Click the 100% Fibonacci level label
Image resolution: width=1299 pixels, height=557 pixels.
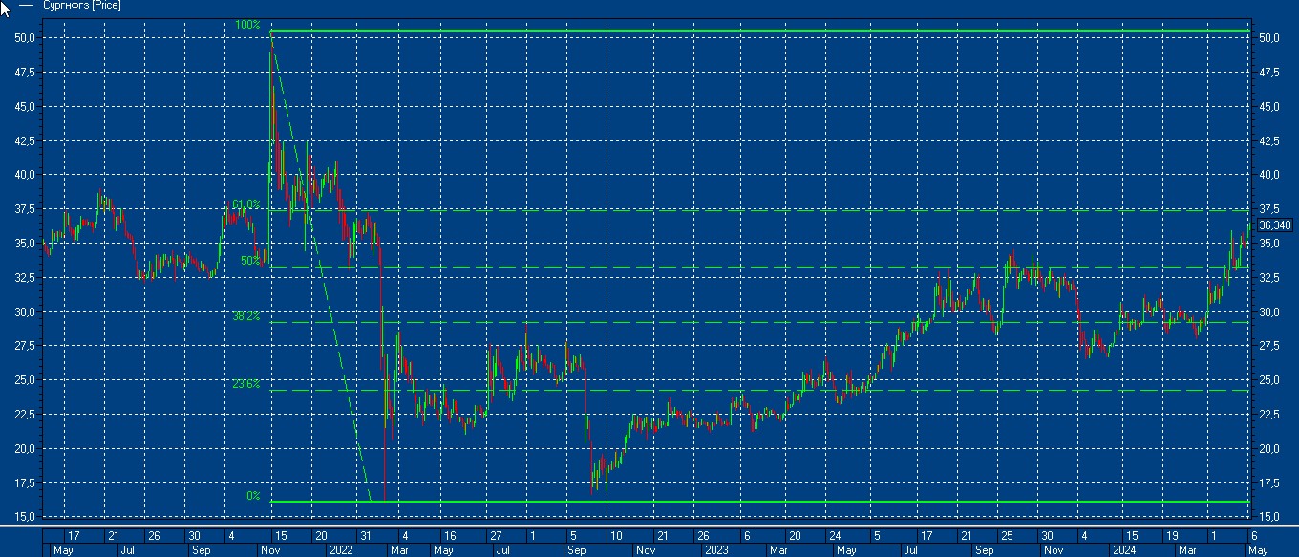pyautogui.click(x=247, y=25)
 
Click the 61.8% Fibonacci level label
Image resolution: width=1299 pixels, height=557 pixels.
pyautogui.click(x=245, y=204)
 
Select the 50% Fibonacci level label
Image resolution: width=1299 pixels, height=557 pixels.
pyautogui.click(x=250, y=260)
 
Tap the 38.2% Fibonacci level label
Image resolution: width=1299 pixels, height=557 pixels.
pyautogui.click(x=245, y=315)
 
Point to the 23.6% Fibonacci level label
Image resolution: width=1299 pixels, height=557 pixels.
pyautogui.click(x=245, y=384)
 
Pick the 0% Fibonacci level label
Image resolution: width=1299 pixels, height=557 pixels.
pyautogui.click(x=253, y=495)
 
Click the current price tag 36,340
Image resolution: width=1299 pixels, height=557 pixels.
pyautogui.click(x=1275, y=225)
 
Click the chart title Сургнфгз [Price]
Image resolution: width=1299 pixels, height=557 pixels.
pyautogui.click(x=82, y=6)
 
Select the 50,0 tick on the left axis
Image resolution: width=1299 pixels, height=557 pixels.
pyautogui.click(x=26, y=38)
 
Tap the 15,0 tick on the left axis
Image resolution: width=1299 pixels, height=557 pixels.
pyautogui.click(x=26, y=517)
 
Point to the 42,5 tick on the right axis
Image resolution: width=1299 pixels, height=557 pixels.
pyautogui.click(x=1269, y=140)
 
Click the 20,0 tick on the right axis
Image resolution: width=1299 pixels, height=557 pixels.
pyautogui.click(x=1269, y=448)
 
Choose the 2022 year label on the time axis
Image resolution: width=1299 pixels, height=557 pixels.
pyautogui.click(x=341, y=551)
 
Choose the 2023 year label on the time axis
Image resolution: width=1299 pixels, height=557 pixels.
pyautogui.click(x=717, y=551)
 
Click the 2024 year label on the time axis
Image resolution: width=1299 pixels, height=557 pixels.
pyautogui.click(x=1123, y=551)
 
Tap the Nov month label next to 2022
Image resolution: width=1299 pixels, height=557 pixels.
pyautogui.click(x=270, y=551)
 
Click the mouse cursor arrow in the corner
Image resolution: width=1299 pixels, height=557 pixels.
pyautogui.click(x=5, y=8)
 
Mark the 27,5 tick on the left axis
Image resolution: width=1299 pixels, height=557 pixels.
pyautogui.click(x=26, y=346)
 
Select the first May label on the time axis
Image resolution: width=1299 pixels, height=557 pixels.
pyautogui.click(x=63, y=551)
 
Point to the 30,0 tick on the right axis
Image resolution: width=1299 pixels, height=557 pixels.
pyautogui.click(x=1269, y=311)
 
